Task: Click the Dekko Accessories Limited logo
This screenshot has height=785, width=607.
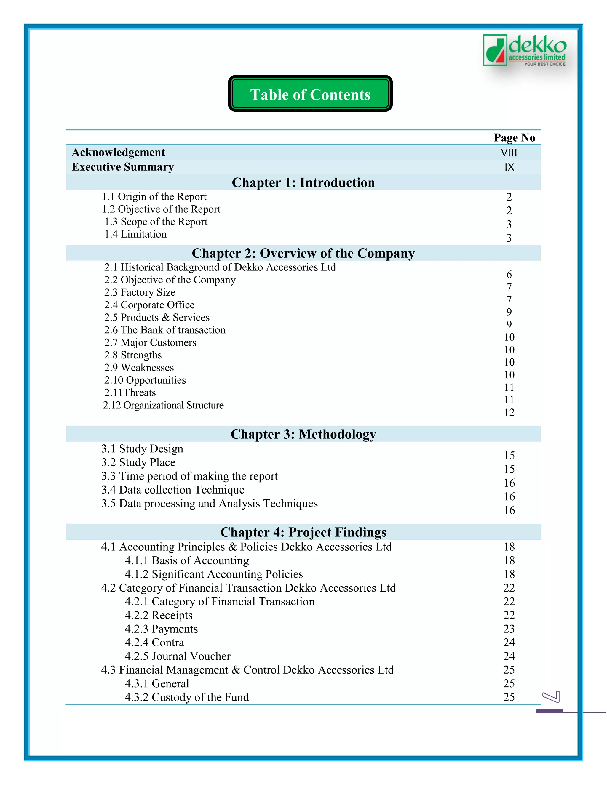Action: click(524, 50)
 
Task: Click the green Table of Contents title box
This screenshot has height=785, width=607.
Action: click(310, 94)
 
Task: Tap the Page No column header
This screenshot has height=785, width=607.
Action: click(514, 138)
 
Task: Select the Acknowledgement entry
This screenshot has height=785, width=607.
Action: click(118, 152)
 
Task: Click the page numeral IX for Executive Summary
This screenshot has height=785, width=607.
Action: click(509, 167)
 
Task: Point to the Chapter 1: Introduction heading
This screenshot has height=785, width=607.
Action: click(303, 182)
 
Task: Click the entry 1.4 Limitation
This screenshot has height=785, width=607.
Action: click(135, 234)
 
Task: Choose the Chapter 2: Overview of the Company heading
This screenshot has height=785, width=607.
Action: click(303, 253)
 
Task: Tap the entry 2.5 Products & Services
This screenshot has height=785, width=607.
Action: click(157, 317)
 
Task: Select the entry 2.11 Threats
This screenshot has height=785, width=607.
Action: click(130, 392)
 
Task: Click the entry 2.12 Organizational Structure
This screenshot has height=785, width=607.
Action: click(163, 406)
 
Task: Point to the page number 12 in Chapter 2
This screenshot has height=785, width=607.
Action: click(509, 413)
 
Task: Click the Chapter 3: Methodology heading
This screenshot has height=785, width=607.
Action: click(303, 434)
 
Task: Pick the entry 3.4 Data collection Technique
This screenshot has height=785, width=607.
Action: click(172, 490)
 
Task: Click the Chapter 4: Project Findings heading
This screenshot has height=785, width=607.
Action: click(303, 532)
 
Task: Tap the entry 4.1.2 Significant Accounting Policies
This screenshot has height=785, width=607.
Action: click(214, 574)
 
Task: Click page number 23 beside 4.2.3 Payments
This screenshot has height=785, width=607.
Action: click(509, 629)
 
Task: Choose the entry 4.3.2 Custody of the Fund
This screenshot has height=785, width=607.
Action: click(187, 697)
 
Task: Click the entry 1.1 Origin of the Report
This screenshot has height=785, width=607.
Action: click(154, 197)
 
